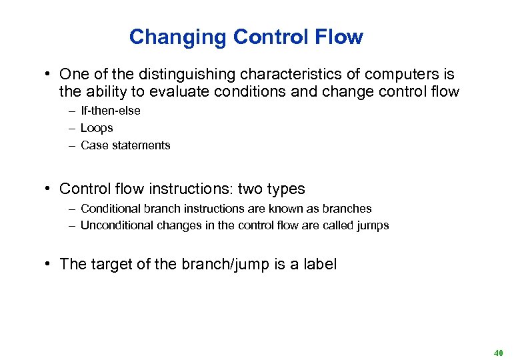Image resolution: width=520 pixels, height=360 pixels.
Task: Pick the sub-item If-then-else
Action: [110, 111]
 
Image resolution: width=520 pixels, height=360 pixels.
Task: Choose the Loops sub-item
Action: [97, 128]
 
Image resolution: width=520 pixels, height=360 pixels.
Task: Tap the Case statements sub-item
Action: [125, 145]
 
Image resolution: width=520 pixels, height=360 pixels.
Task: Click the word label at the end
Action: [319, 264]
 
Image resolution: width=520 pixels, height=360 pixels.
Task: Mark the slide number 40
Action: [498, 352]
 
